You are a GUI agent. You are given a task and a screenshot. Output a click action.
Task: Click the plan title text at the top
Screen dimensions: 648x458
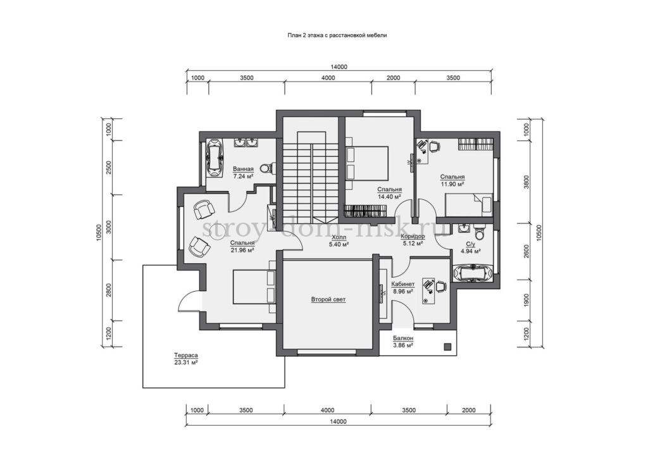click(337, 35)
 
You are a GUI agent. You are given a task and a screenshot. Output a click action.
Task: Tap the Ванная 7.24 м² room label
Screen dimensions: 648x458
click(242, 172)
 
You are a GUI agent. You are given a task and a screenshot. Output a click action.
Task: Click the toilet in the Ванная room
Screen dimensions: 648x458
click(266, 168)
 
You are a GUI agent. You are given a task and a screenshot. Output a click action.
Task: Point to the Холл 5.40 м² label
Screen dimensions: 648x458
click(339, 241)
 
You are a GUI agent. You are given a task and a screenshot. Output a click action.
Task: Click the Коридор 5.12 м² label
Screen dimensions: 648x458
click(413, 240)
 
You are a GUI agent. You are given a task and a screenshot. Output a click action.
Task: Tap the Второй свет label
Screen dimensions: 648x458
click(328, 299)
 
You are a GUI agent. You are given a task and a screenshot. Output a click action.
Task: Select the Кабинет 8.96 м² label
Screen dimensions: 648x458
click(402, 288)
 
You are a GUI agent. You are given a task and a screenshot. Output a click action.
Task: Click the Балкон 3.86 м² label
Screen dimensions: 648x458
click(403, 342)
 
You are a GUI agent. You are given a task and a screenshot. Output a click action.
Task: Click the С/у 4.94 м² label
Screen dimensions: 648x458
click(470, 247)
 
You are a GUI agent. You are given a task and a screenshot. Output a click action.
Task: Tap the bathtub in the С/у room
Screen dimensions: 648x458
click(473, 273)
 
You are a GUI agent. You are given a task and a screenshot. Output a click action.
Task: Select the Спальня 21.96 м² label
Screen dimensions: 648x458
click(242, 247)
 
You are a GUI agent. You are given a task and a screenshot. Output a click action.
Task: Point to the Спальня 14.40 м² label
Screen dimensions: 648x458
click(389, 193)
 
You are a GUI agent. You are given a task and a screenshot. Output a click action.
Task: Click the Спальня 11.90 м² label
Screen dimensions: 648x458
click(452, 180)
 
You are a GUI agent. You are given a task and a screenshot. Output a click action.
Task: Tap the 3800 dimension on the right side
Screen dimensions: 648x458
click(526, 182)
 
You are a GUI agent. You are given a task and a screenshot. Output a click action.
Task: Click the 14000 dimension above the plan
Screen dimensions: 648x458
click(339, 67)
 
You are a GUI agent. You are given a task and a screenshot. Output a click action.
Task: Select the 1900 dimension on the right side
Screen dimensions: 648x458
click(526, 299)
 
